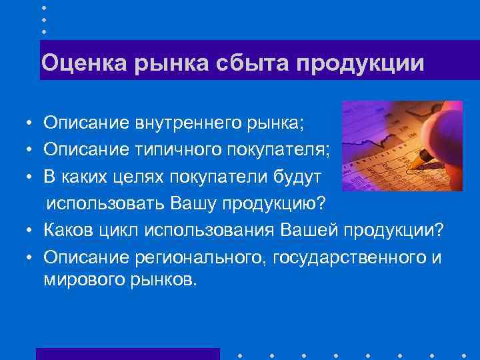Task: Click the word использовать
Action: [x=105, y=202]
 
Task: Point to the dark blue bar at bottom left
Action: [x=127, y=353]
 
